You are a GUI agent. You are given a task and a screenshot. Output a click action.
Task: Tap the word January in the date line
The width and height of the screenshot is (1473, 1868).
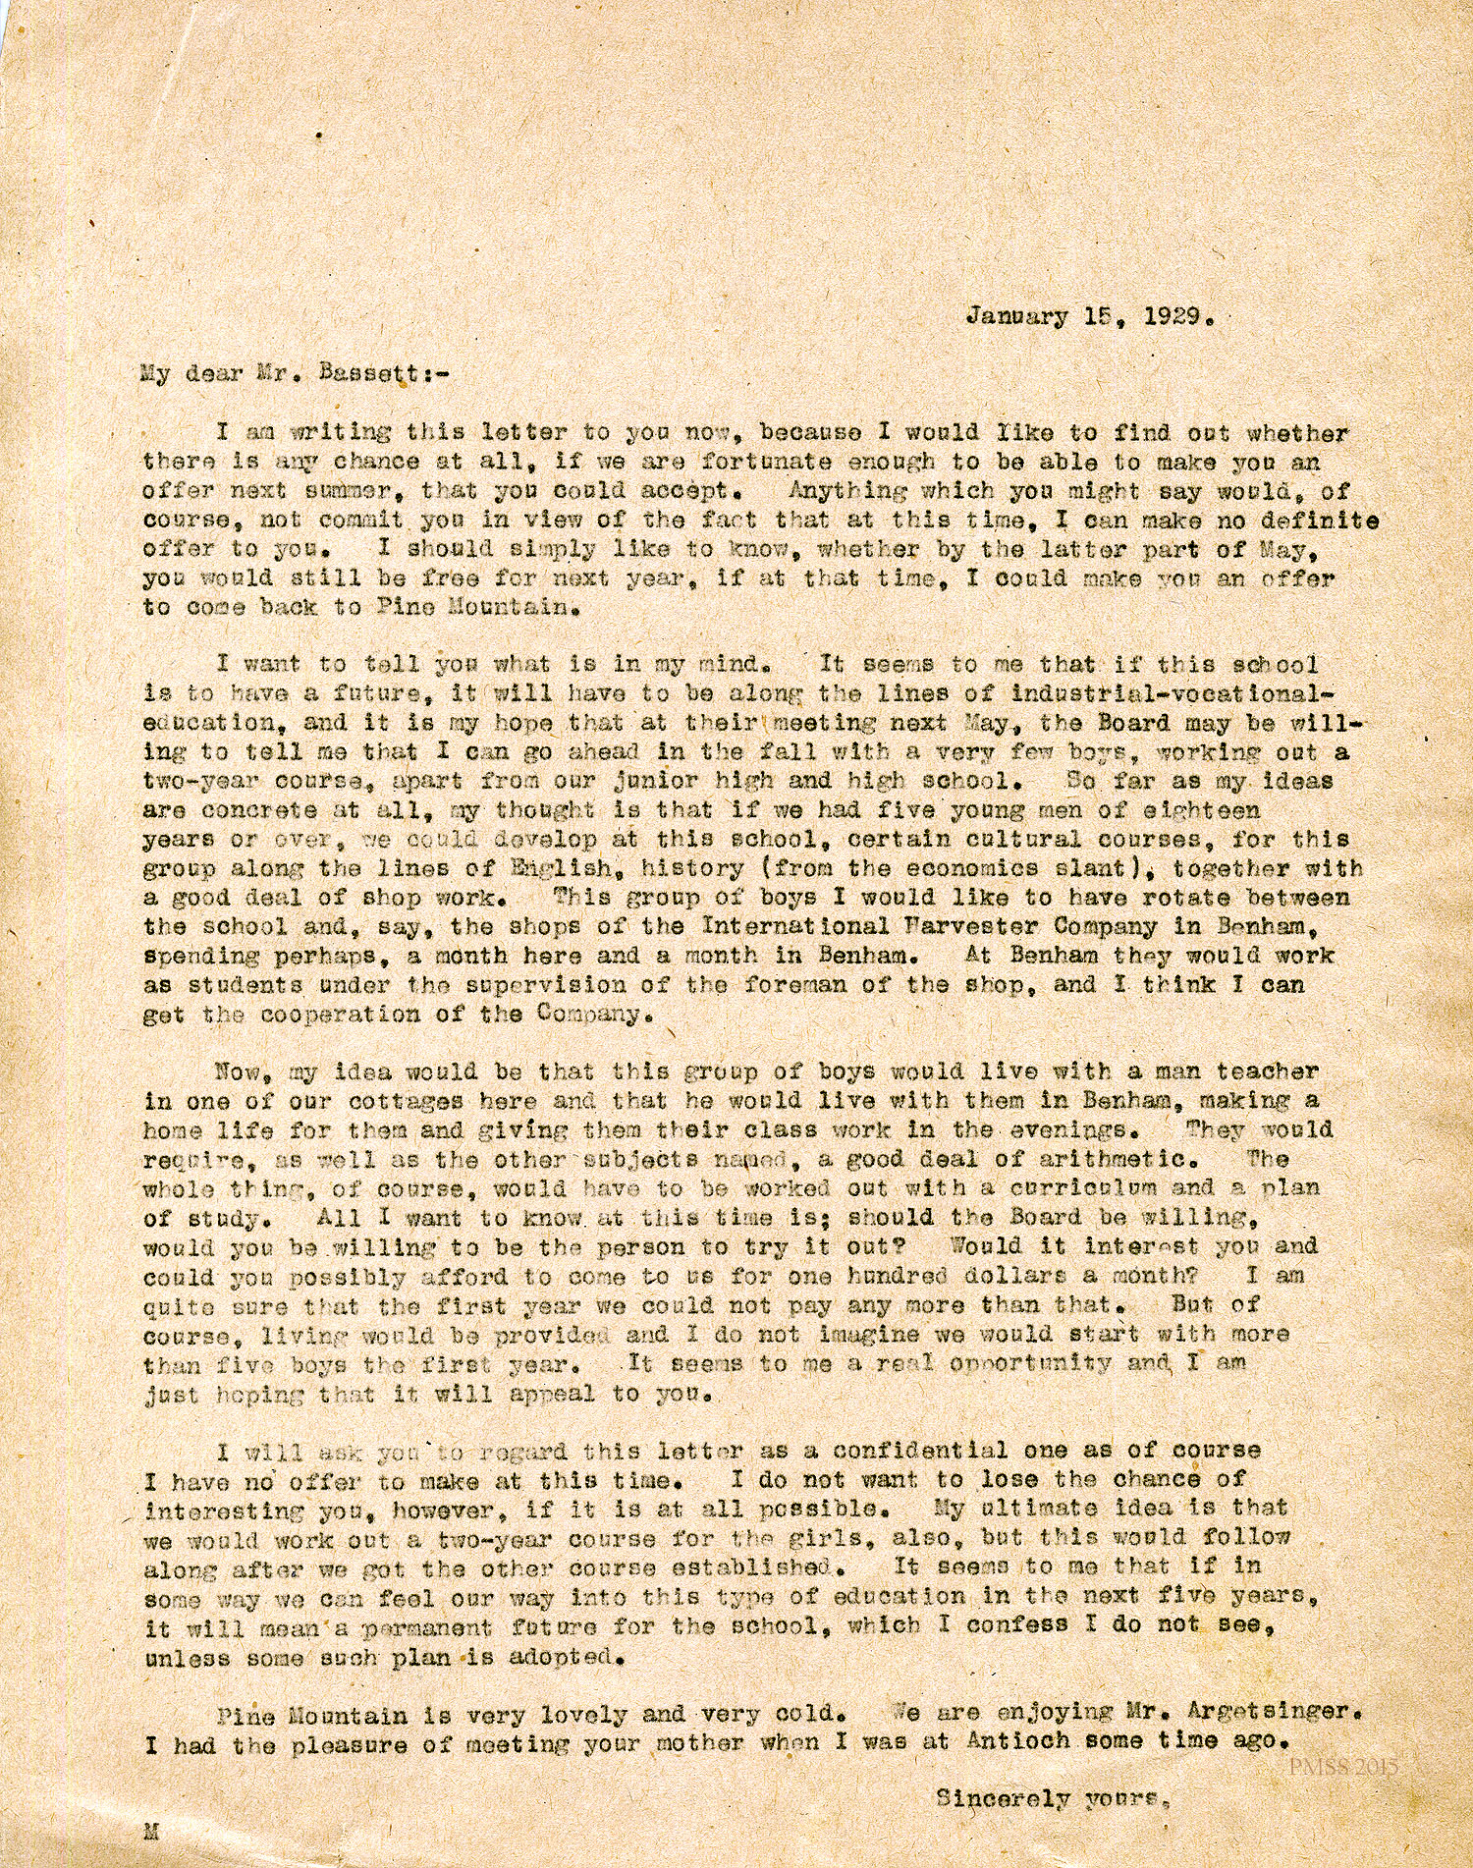point(1016,317)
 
